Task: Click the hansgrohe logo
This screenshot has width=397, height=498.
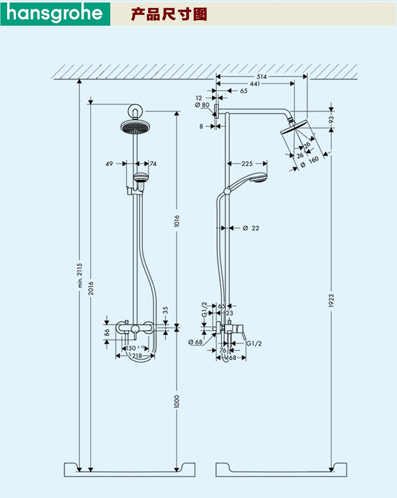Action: pyautogui.click(x=55, y=13)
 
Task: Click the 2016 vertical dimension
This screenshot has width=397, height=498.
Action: pyautogui.click(x=91, y=286)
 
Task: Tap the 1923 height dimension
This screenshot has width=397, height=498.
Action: pyautogui.click(x=331, y=300)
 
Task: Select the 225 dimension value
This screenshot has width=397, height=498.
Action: pyautogui.click(x=247, y=163)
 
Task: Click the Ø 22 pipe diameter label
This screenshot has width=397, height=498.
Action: pyautogui.click(x=251, y=228)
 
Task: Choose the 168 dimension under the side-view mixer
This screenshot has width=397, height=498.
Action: pyautogui.click(x=232, y=357)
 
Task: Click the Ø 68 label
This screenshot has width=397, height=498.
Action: pyautogui.click(x=195, y=342)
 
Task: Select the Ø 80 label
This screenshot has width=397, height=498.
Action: pyautogui.click(x=202, y=105)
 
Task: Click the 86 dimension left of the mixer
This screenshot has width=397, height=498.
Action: pyautogui.click(x=107, y=333)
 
